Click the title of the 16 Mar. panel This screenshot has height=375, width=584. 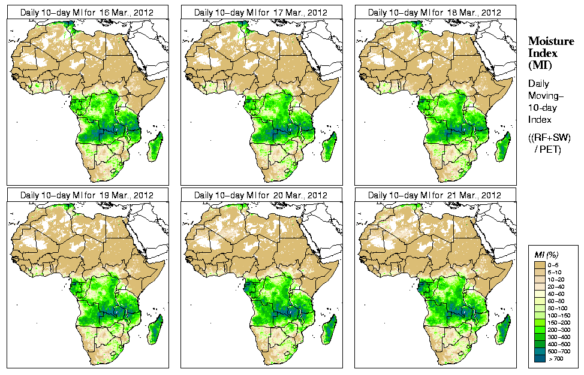click(x=87, y=12)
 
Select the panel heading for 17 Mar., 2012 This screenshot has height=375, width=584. click(x=261, y=12)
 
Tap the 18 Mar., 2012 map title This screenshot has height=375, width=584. click(x=435, y=12)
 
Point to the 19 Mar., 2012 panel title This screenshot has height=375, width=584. click(x=87, y=195)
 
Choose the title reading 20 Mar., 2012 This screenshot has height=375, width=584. click(x=261, y=195)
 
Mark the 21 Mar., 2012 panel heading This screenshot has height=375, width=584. click(x=435, y=195)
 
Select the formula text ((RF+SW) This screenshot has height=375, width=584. click(x=550, y=138)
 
